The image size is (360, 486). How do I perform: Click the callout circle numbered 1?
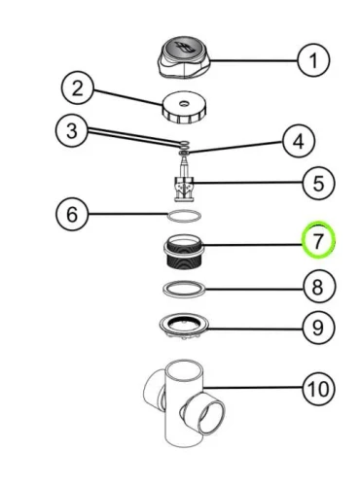[x=313, y=60]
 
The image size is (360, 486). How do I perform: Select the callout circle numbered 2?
[x=78, y=87]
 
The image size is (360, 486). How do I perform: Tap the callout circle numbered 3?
[x=72, y=131]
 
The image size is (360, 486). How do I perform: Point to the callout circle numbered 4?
[x=299, y=141]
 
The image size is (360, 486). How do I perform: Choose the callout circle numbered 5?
[x=318, y=183]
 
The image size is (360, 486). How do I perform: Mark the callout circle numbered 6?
[x=72, y=214]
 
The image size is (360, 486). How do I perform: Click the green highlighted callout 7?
[x=318, y=240]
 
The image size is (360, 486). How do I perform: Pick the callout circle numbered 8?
[x=317, y=287]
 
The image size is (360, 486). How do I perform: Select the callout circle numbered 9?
[x=317, y=328]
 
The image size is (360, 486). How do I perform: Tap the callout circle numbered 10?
[x=318, y=389]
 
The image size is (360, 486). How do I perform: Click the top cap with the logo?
[x=184, y=57]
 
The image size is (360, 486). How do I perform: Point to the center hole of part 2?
[x=184, y=104]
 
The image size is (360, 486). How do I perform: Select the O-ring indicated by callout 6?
[x=184, y=216]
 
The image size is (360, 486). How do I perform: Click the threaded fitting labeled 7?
[x=184, y=252]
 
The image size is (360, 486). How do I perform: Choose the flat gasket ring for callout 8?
[x=184, y=289]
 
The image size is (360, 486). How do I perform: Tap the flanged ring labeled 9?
[x=184, y=327]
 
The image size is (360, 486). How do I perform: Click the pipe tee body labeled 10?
[x=184, y=403]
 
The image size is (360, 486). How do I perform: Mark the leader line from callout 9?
[x=255, y=329]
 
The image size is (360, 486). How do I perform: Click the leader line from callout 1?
[x=254, y=60]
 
